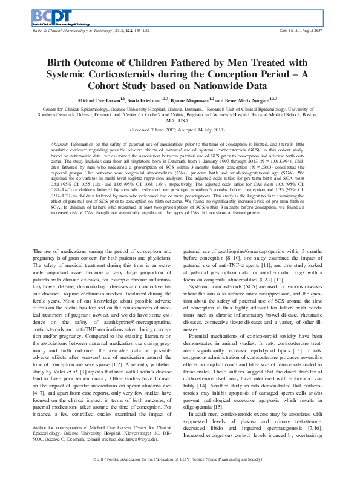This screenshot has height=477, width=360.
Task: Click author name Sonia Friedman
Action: (x=149, y=99)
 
